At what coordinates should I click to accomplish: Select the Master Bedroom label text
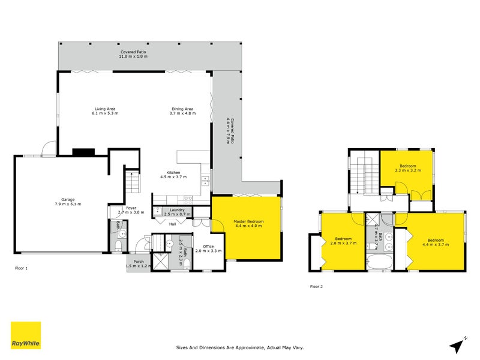coord(248,221)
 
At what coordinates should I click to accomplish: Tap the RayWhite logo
coord(26,336)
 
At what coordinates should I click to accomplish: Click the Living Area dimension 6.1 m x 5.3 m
coord(105,113)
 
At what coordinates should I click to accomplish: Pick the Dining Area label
coord(182,109)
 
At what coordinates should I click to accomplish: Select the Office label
coord(208,247)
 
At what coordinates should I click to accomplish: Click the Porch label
coord(138,262)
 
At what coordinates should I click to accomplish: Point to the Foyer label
coord(131,208)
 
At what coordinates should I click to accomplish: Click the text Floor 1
coord(21,268)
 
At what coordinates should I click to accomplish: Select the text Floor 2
coord(316,287)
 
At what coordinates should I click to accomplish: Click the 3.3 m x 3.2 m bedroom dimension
coord(407,170)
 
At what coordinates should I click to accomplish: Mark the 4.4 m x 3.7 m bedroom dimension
coord(436,244)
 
